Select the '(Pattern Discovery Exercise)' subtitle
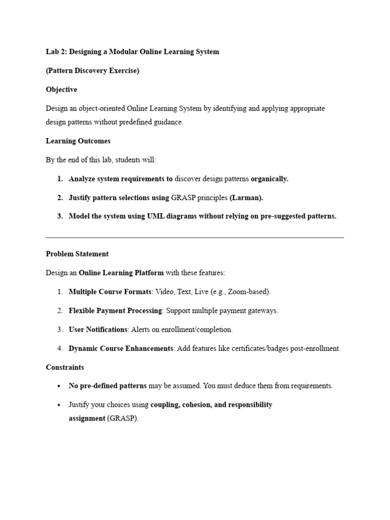pos(92,71)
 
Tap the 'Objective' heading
pos(61,89)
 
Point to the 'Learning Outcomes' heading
pos(78,141)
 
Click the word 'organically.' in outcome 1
pos(270,179)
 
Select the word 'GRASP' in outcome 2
pos(185,198)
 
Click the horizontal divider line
pos(194,237)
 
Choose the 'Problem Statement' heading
pos(77,254)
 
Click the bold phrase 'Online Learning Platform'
pos(121,273)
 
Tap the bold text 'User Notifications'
pos(98,330)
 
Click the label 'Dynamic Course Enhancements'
pos(121,348)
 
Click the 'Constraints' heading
pos(65,367)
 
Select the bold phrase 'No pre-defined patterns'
pos(108,386)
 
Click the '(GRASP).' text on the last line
pos(122,418)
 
